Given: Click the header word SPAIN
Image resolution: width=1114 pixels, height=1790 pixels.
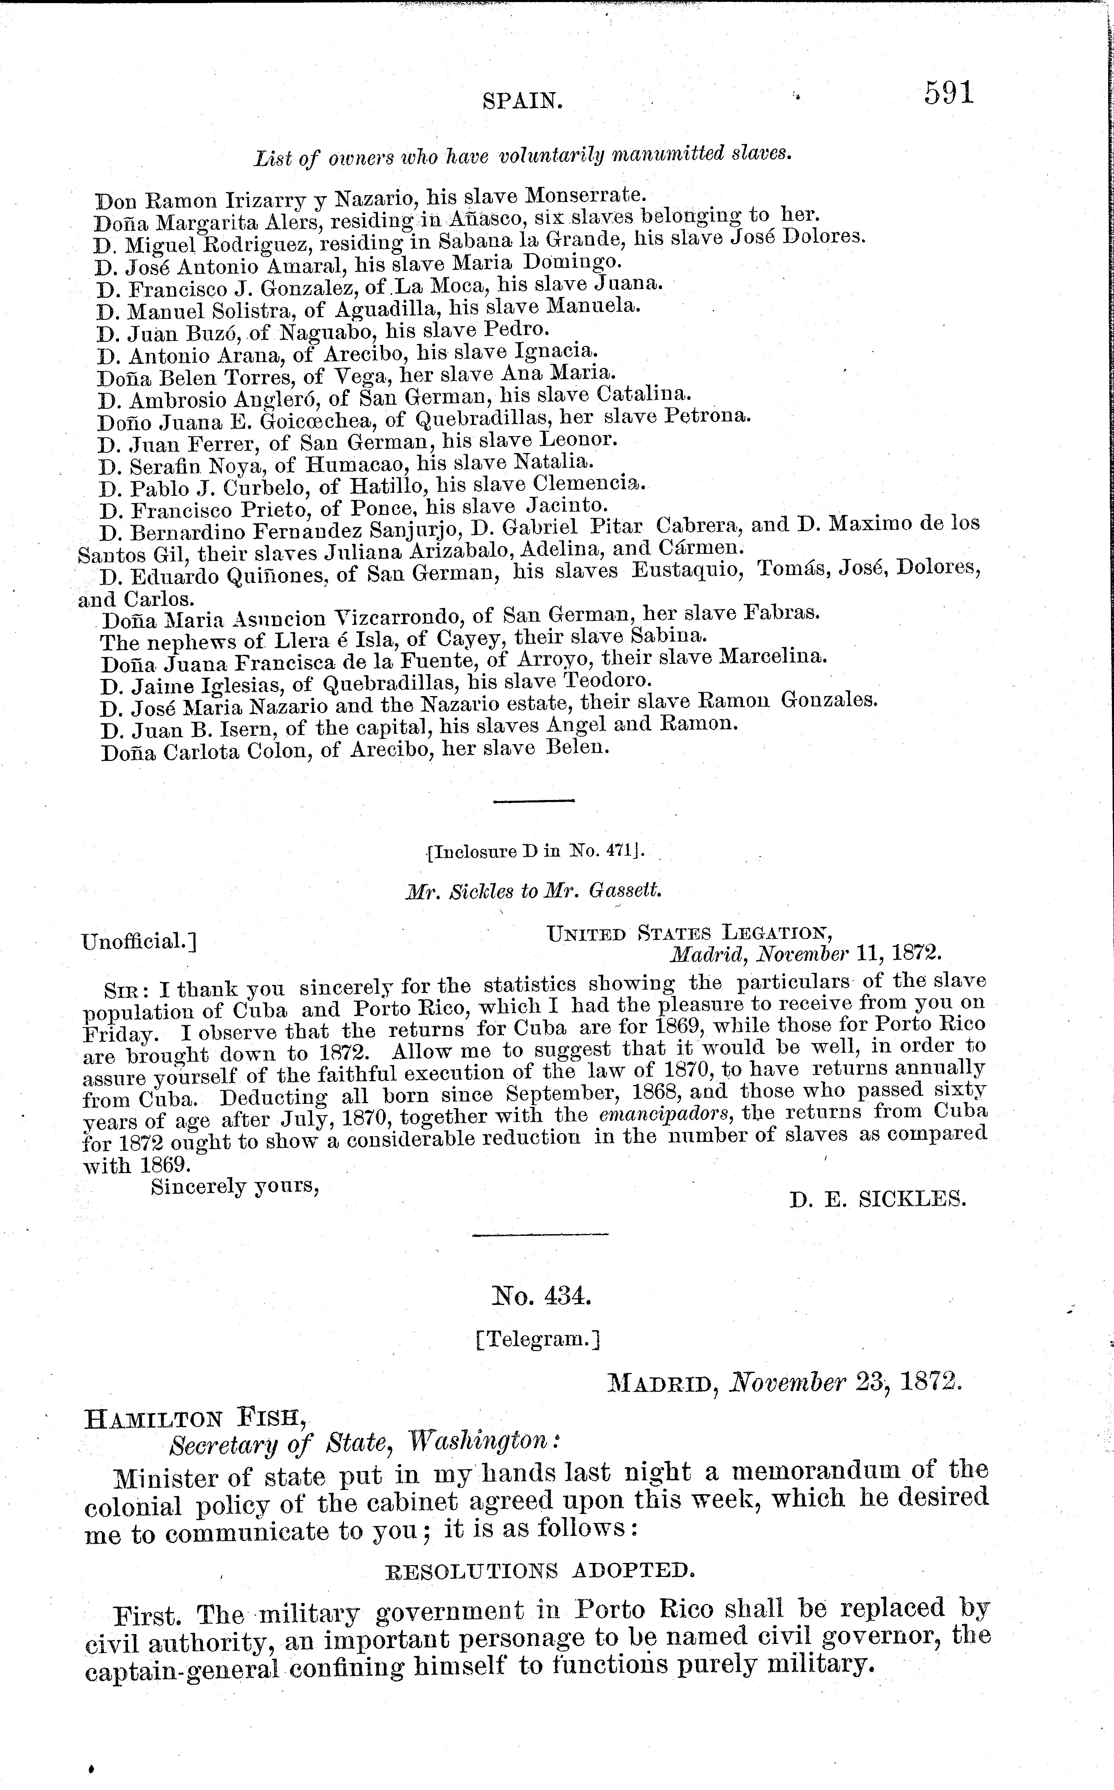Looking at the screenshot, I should click(522, 101).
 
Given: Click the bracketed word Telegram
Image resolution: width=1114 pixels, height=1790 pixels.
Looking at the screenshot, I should click(538, 1339).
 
